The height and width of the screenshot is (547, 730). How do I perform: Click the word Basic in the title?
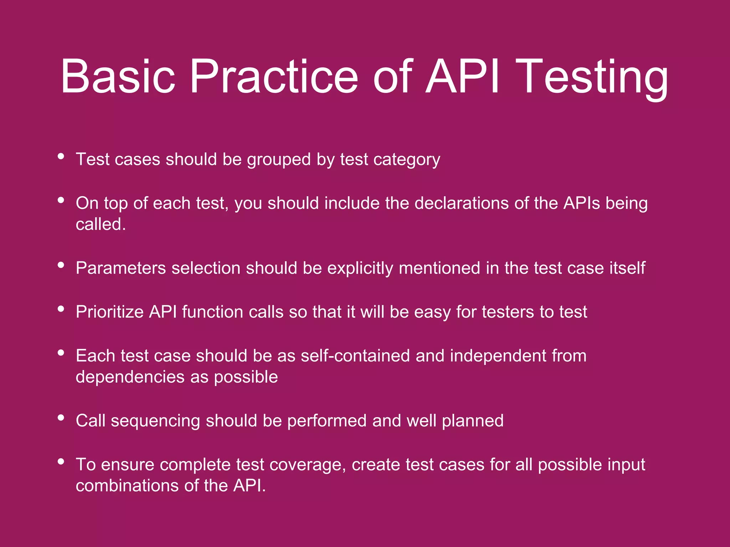118,77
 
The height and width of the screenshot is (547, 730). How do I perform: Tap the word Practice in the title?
274,77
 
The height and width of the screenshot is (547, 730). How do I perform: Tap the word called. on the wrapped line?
101,224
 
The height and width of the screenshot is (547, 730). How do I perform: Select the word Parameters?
121,268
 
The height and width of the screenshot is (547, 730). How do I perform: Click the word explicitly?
360,269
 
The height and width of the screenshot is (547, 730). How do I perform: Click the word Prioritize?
109,312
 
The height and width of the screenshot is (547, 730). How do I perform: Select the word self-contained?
355,356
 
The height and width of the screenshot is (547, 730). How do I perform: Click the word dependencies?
130,377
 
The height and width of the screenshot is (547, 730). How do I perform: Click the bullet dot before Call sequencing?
61,418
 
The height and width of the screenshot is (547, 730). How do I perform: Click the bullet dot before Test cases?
61,156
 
